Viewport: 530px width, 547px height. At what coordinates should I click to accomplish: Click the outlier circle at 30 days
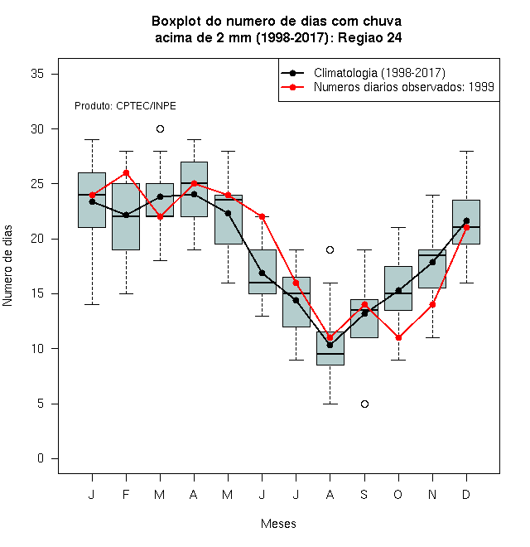pyautogui.click(x=160, y=129)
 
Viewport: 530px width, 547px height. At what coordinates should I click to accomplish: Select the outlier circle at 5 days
pyautogui.click(x=364, y=404)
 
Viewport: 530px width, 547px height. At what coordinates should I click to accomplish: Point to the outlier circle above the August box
pyautogui.click(x=330, y=249)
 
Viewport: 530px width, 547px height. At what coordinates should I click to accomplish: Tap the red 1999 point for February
pyautogui.click(x=126, y=173)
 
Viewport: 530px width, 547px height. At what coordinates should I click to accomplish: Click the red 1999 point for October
pyautogui.click(x=398, y=337)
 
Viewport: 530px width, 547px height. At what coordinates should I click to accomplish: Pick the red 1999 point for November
pyautogui.click(x=433, y=304)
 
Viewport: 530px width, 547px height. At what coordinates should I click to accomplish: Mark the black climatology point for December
pyautogui.click(x=466, y=220)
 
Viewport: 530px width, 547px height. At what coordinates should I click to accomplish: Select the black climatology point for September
pyautogui.click(x=364, y=313)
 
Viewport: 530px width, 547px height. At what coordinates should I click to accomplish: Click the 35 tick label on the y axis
pyautogui.click(x=37, y=74)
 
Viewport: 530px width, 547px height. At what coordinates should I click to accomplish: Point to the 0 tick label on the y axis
pyautogui.click(x=41, y=458)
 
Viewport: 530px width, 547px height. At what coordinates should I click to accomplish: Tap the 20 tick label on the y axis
pyautogui.click(x=37, y=239)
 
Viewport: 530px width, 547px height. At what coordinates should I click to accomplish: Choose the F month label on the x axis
pyautogui.click(x=126, y=494)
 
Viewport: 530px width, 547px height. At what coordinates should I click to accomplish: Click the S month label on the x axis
pyautogui.click(x=364, y=494)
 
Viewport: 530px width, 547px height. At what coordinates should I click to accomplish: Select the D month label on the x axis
pyautogui.click(x=466, y=494)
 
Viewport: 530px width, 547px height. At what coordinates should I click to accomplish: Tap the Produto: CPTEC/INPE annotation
pyautogui.click(x=125, y=106)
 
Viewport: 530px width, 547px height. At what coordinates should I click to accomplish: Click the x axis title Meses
pyautogui.click(x=278, y=524)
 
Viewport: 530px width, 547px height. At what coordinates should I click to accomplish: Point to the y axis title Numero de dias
pyautogui.click(x=7, y=266)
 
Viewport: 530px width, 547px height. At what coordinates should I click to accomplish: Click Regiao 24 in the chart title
pyautogui.click(x=370, y=37)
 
